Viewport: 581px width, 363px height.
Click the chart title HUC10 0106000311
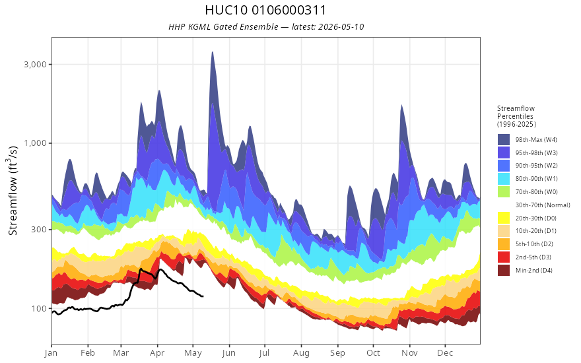[265, 10]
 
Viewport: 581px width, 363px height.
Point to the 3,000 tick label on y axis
[35, 65]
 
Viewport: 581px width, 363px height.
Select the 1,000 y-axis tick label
[35, 143]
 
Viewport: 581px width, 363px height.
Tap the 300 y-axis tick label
[39, 229]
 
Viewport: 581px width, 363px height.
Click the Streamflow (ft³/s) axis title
[13, 190]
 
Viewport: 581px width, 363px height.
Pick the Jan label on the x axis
[51, 353]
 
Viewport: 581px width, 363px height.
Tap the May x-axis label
[193, 353]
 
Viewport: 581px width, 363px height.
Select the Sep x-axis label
[337, 353]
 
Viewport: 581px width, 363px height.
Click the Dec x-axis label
[445, 353]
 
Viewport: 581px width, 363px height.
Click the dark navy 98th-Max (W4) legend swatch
[504, 140]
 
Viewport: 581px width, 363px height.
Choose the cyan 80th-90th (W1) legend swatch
[504, 179]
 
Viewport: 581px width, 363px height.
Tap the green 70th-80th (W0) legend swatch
[504, 192]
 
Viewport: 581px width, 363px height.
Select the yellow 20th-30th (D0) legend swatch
[504, 218]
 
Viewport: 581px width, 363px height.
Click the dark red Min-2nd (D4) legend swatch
[504, 270]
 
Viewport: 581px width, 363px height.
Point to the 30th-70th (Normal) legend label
[543, 205]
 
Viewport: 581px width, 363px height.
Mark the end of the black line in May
[203, 296]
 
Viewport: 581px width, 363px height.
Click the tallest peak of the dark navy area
[213, 52]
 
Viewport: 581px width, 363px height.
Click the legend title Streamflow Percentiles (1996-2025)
[516, 116]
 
